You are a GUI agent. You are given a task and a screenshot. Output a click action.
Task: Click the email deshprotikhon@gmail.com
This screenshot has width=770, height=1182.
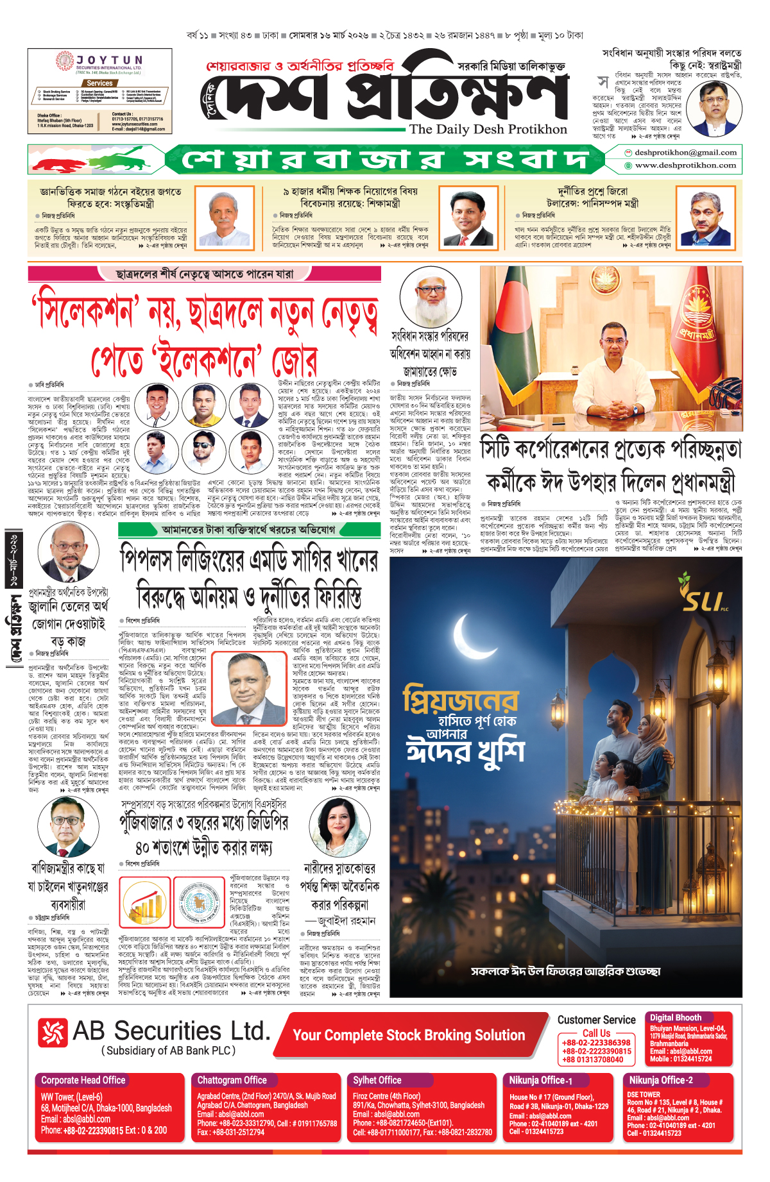point(685,153)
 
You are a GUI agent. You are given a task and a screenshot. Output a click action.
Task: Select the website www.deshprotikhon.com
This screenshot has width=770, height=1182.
point(685,165)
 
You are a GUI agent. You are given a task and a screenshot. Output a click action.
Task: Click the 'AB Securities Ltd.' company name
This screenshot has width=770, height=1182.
point(171,1031)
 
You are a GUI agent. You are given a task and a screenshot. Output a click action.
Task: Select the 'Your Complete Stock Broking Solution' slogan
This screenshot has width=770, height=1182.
point(409,1035)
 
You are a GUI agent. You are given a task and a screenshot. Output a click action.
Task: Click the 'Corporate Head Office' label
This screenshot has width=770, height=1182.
point(83,1081)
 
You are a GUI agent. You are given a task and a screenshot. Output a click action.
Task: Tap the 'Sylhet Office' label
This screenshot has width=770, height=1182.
point(377,1081)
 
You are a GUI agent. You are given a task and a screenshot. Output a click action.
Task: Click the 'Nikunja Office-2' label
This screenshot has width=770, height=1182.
point(661,1081)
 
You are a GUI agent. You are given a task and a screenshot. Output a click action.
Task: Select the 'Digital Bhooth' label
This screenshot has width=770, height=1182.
point(676,1018)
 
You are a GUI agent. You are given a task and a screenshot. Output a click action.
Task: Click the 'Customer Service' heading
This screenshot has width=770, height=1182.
point(596,1020)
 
